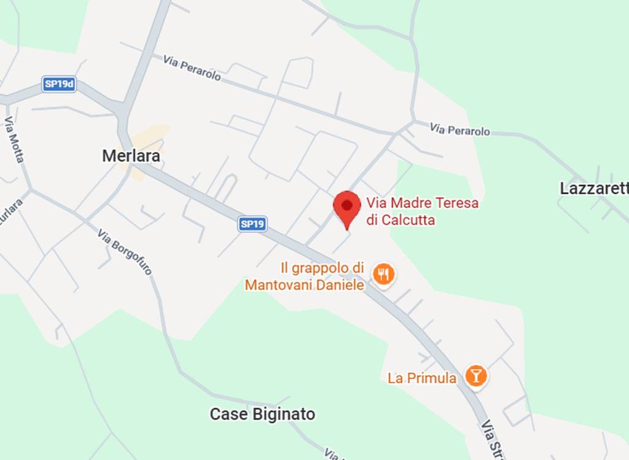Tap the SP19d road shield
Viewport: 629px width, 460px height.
[x=59, y=85]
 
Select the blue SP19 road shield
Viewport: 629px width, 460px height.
[x=252, y=224]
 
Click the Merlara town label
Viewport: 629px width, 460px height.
[x=131, y=156]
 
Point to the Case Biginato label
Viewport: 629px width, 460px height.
[x=262, y=414]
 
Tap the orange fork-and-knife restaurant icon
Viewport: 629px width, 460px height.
[x=385, y=275]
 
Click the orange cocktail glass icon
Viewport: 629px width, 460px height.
[x=475, y=376]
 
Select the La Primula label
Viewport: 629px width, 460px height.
[x=422, y=378]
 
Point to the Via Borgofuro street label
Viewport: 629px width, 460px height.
[x=125, y=251]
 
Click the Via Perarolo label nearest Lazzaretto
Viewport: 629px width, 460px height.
[x=460, y=130]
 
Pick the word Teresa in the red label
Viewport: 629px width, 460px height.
[x=456, y=202]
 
